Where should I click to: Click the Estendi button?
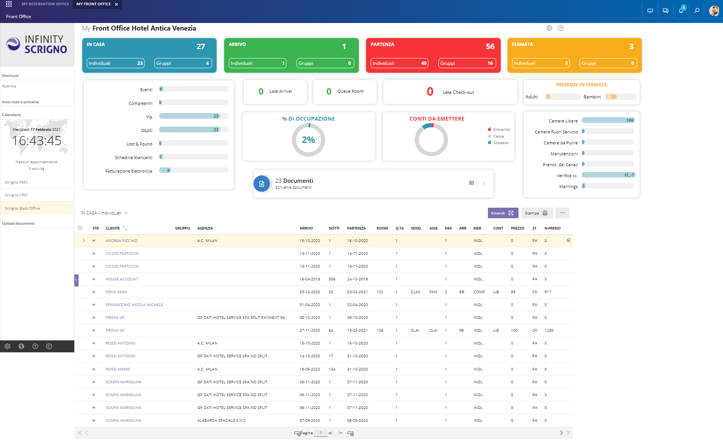502,213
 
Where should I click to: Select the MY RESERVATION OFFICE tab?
45,4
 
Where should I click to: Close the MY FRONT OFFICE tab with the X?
117,5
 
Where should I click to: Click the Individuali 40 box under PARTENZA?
399,63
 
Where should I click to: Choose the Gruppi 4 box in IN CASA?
183,63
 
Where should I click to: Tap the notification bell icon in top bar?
681,11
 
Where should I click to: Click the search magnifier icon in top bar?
697,11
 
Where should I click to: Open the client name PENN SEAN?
116,292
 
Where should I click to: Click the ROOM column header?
382,228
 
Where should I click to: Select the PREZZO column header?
517,228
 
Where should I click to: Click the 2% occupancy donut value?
308,140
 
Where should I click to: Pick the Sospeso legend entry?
500,143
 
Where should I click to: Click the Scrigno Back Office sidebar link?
22,208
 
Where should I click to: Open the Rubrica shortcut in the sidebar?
9,86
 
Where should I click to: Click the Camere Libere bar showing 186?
608,121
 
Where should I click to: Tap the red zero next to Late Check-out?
430,92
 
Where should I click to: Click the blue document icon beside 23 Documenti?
262,184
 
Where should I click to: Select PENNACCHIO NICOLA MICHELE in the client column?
134,305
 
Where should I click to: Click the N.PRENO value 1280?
549,331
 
